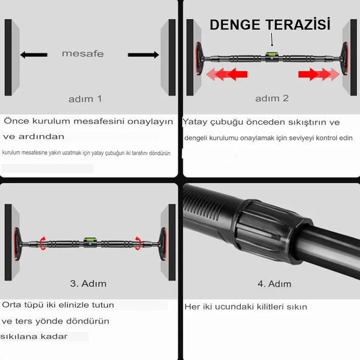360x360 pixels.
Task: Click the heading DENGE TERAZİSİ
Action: click(x=270, y=24)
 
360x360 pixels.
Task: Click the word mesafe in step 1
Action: click(x=83, y=54)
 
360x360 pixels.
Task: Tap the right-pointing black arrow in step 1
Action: click(x=144, y=55)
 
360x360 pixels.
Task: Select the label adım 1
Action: click(x=85, y=98)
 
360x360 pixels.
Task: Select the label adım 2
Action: click(x=272, y=98)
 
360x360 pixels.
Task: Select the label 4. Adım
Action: click(x=274, y=283)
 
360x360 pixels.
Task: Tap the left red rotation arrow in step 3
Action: click(x=43, y=243)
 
